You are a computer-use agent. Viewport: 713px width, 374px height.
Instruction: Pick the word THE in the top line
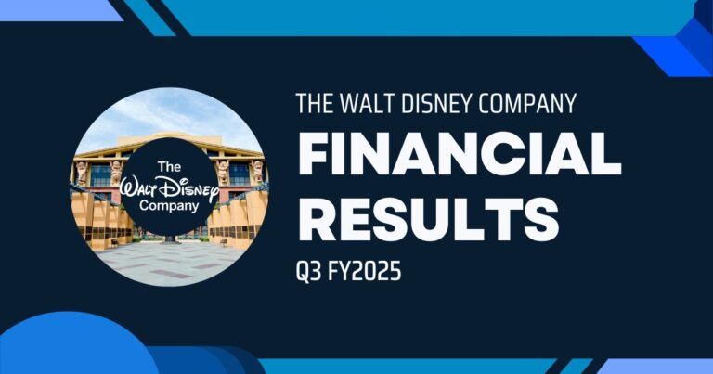click(x=313, y=103)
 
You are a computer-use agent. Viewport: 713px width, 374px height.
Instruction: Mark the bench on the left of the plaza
click(x=113, y=242)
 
